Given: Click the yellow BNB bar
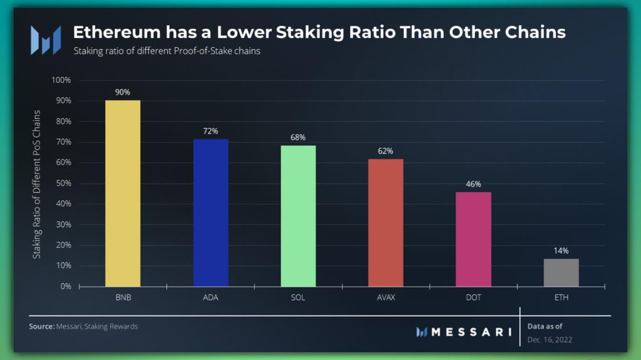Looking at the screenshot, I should pyautogui.click(x=123, y=193).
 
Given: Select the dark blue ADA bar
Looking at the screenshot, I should pyautogui.click(x=211, y=213).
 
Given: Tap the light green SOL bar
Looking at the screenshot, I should pyautogui.click(x=298, y=216).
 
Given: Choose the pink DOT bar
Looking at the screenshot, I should pyautogui.click(x=473, y=239).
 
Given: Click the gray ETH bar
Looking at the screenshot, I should pyautogui.click(x=561, y=272).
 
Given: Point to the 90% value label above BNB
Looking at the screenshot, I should pyautogui.click(x=123, y=92).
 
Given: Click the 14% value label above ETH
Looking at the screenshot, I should pyautogui.click(x=561, y=251).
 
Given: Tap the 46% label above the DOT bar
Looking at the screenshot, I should pyautogui.click(x=473, y=184).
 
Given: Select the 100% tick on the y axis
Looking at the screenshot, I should pyautogui.click(x=62, y=80).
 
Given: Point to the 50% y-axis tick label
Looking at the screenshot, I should pyautogui.click(x=63, y=183).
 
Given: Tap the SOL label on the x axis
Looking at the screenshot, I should pyautogui.click(x=298, y=298).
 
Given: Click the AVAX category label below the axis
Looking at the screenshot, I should pyautogui.click(x=386, y=298).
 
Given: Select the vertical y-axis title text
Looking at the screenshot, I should pyautogui.click(x=37, y=184).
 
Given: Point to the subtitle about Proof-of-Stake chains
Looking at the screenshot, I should pyautogui.click(x=166, y=51).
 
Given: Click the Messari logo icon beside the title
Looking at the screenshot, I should pyautogui.click(x=46, y=40).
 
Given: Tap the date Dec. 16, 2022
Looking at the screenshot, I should pyautogui.click(x=550, y=339).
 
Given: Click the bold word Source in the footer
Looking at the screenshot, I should pyautogui.click(x=41, y=326).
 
